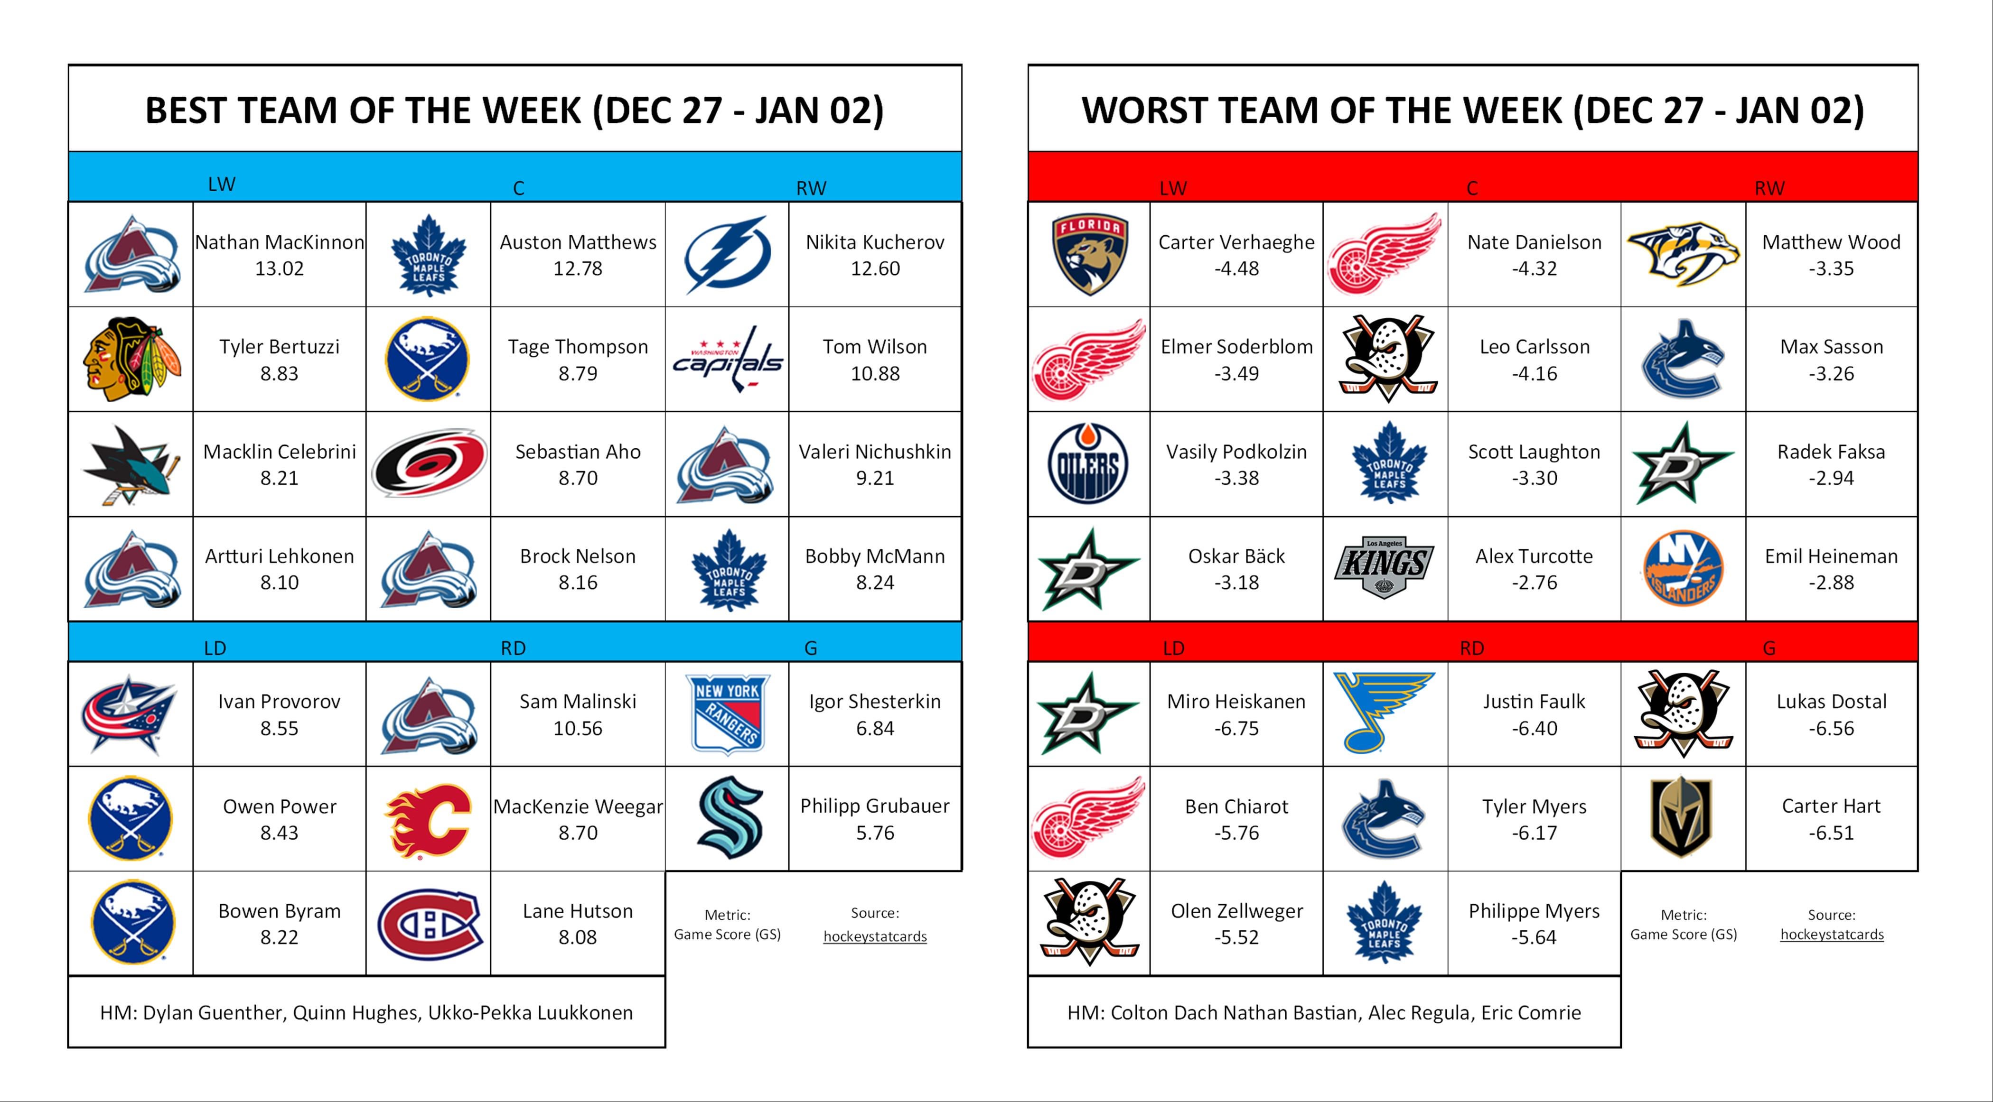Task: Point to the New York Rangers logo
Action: click(727, 714)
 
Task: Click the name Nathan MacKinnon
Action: click(279, 242)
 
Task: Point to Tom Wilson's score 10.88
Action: click(875, 373)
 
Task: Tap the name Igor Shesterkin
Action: click(875, 702)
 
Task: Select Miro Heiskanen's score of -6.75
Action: click(1236, 729)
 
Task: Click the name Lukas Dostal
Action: click(1831, 702)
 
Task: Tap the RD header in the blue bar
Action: click(513, 648)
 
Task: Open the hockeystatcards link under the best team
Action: click(875, 936)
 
